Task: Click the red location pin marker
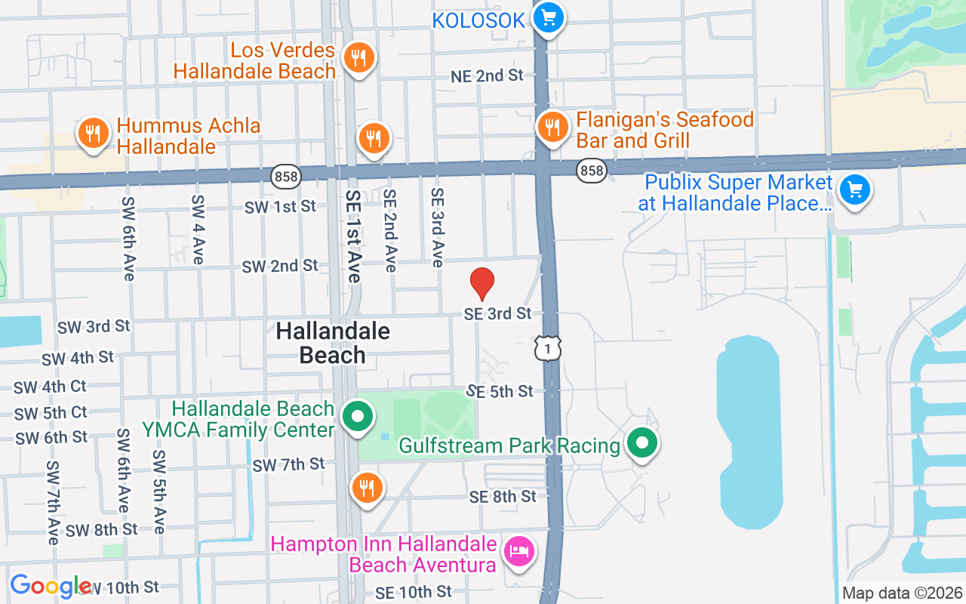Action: pos(482,284)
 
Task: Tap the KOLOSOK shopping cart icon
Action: pos(548,17)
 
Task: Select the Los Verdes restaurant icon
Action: pos(358,57)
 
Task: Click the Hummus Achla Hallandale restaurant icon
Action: pos(93,134)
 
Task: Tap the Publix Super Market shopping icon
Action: pos(854,188)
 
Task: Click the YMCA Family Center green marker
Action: pos(358,416)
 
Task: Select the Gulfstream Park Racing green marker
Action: pos(641,443)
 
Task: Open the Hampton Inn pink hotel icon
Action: pos(518,550)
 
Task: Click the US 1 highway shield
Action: pos(547,347)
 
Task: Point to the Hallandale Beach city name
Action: pos(333,343)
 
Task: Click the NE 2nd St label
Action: pos(487,75)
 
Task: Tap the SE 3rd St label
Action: pos(497,313)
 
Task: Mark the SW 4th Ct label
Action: pos(50,387)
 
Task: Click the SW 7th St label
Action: pos(288,465)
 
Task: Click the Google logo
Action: pos(51,586)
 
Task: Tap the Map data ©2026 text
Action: pos(902,593)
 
